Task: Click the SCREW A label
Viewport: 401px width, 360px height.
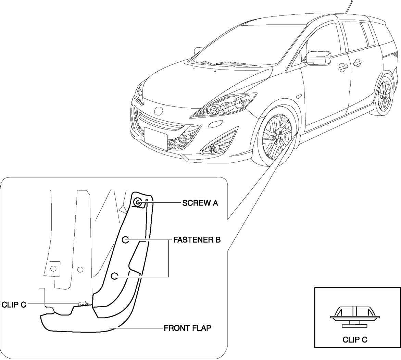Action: click(200, 203)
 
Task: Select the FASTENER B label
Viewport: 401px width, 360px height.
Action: click(197, 240)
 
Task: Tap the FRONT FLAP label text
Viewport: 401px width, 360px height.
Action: click(187, 328)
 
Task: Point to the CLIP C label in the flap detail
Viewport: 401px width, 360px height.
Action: click(14, 304)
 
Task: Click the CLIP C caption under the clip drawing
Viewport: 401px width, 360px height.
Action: click(355, 340)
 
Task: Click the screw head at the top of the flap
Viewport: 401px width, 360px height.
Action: click(138, 202)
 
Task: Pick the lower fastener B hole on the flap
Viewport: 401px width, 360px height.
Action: click(115, 276)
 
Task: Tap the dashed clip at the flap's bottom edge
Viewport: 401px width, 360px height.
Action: click(84, 303)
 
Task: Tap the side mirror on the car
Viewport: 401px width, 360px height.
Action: click(318, 58)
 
